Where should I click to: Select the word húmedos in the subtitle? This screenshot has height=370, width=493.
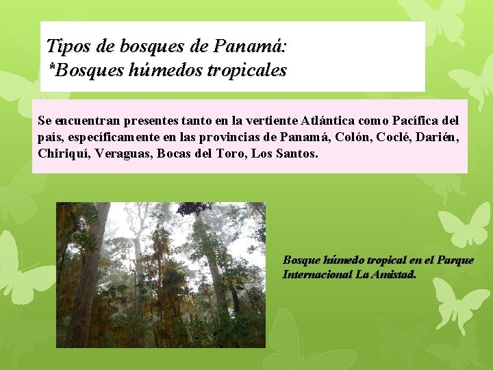[160, 70]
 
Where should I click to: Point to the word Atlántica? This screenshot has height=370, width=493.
[332, 121]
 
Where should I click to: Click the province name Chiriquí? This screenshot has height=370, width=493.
[62, 153]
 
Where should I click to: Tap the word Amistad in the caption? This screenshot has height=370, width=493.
[392, 274]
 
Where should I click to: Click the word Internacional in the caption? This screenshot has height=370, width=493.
[317, 274]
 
